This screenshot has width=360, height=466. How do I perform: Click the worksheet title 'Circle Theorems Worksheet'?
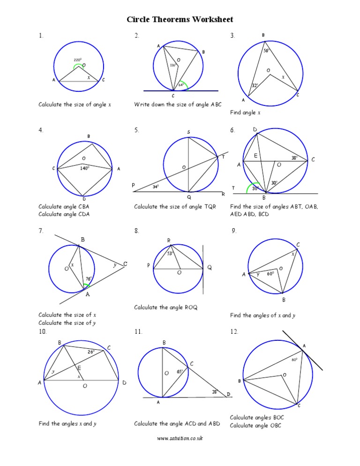[x=180, y=20]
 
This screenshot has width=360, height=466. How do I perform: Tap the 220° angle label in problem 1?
[x=78, y=60]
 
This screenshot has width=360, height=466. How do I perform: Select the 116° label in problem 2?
[x=172, y=65]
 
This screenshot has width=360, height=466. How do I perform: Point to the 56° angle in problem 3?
[x=266, y=51]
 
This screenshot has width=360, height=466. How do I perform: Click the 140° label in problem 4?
[x=84, y=168]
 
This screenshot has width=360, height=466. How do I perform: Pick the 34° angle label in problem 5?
[x=156, y=187]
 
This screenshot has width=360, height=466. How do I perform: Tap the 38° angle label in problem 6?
[x=294, y=158]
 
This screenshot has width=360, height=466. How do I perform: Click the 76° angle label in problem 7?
[x=88, y=279]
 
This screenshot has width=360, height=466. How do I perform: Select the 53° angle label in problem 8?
[x=171, y=253]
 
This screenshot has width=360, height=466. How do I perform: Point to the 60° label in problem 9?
[x=270, y=274]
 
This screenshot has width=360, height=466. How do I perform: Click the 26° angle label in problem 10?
[x=91, y=351]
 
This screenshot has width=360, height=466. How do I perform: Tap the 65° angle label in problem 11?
[x=180, y=371]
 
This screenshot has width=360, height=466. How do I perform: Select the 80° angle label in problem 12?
[x=294, y=360]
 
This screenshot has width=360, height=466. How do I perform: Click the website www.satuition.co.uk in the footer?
[x=180, y=438]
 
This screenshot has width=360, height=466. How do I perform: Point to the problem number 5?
[x=136, y=130]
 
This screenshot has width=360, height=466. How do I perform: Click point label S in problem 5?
[x=188, y=132]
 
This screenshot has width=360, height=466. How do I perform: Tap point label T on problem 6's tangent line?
[x=233, y=188]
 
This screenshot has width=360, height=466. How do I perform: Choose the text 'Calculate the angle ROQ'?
[x=166, y=308]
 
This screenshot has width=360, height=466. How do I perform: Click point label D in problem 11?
[x=229, y=394]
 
